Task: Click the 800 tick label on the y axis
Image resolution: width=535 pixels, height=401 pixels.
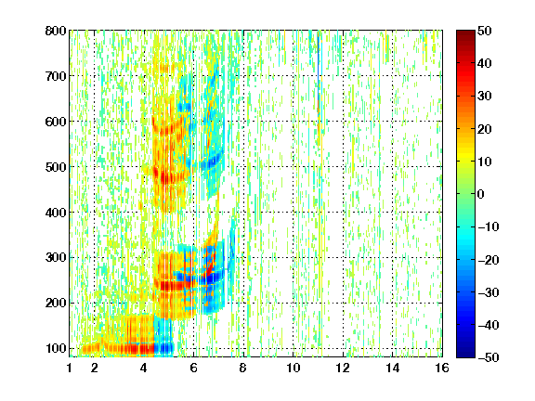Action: (x=56, y=31)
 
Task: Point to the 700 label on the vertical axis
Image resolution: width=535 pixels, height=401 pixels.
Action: (x=56, y=76)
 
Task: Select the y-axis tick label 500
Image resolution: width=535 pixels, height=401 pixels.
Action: (x=56, y=167)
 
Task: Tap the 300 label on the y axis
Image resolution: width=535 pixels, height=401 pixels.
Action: (x=56, y=257)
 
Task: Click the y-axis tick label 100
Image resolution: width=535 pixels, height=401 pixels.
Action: (x=56, y=348)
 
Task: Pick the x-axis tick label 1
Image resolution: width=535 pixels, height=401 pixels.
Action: (x=70, y=368)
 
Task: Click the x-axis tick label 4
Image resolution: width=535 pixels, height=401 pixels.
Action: (x=144, y=368)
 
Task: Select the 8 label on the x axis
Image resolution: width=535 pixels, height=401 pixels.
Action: (x=243, y=368)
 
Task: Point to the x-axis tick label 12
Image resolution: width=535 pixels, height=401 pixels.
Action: (x=343, y=368)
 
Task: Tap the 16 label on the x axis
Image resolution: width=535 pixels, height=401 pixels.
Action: (x=442, y=368)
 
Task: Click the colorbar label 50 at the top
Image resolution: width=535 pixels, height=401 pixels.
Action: (x=485, y=31)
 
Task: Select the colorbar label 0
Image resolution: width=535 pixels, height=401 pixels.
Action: (x=481, y=194)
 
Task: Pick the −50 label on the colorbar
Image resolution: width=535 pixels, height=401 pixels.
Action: (x=489, y=357)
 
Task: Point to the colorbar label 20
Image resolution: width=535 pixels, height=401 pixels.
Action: (x=485, y=129)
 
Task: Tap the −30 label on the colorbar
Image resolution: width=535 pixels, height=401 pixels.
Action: (x=489, y=292)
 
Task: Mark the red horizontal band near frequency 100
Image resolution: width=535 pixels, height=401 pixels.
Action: (x=118, y=348)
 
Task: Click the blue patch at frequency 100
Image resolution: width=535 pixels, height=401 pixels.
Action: (x=164, y=348)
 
